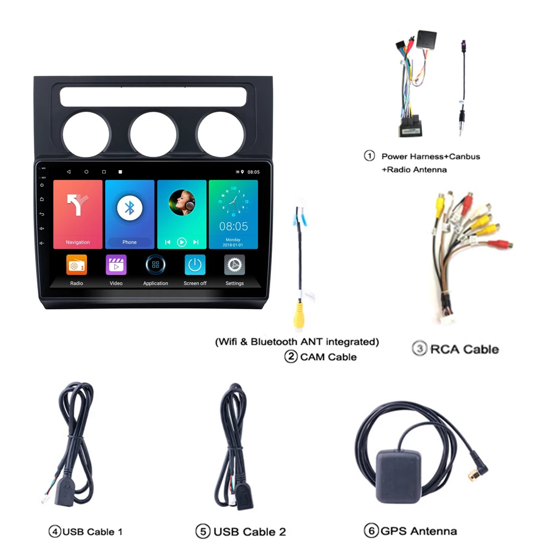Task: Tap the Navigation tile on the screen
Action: click(78, 214)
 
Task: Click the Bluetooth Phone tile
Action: click(130, 214)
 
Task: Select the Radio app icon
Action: click(77, 265)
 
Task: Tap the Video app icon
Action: click(116, 265)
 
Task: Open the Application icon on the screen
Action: click(156, 265)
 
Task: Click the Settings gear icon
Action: click(235, 265)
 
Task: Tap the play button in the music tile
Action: click(182, 242)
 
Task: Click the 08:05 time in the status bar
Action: click(254, 172)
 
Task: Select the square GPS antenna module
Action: click(399, 477)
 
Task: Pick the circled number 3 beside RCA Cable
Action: click(419, 349)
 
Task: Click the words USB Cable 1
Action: click(92, 532)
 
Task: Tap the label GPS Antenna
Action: click(419, 531)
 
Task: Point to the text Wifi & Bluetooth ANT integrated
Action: click(297, 341)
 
